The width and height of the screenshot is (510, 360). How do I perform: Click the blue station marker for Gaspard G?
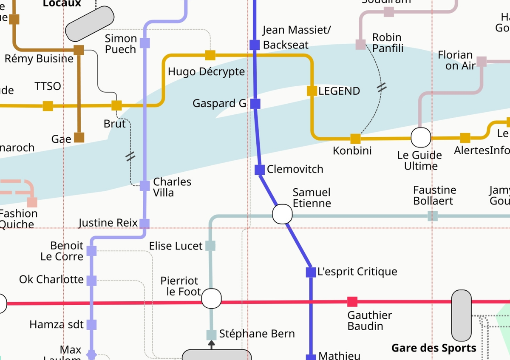click(255, 103)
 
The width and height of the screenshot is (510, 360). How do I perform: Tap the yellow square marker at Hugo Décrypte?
click(210, 55)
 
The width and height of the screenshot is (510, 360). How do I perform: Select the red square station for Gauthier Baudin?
click(352, 302)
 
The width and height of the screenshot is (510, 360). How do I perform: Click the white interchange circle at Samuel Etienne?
click(282, 214)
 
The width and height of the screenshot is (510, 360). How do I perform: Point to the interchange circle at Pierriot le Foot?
click(211, 298)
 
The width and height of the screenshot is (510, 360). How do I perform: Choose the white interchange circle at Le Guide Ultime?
click(421, 137)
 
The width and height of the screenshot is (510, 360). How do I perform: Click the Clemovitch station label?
click(295, 169)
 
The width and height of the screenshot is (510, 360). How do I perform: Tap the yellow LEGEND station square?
click(312, 91)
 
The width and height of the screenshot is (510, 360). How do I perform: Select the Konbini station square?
click(355, 139)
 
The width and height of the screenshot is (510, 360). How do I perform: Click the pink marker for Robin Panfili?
click(360, 45)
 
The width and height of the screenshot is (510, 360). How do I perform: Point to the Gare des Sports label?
click(433, 348)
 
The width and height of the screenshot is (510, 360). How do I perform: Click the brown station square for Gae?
click(79, 137)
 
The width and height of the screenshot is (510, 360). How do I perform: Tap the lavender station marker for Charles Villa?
click(145, 186)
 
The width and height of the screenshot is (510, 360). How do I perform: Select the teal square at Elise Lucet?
click(210, 246)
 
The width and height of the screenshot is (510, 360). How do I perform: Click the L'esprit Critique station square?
click(311, 272)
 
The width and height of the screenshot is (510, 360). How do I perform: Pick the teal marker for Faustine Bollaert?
click(433, 216)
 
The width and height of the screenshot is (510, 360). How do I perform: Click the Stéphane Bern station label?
click(257, 334)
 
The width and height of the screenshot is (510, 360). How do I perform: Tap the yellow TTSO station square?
click(48, 106)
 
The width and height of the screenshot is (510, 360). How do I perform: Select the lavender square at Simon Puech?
click(145, 43)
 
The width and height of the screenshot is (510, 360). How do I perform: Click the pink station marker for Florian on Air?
click(482, 62)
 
